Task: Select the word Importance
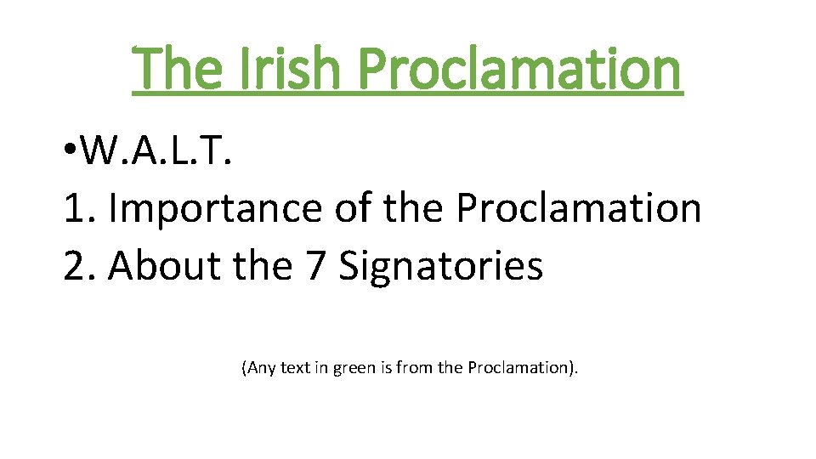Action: pyautogui.click(x=216, y=208)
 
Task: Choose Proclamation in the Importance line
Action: pyautogui.click(x=579, y=208)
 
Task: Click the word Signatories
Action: pyautogui.click(x=441, y=266)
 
